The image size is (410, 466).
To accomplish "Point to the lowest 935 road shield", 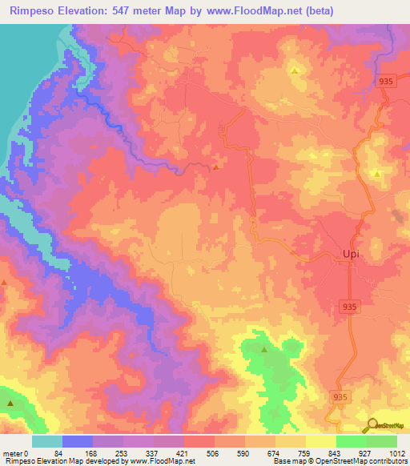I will pyautogui.click(x=340, y=397).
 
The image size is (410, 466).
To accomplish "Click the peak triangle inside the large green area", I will pyautogui.click(x=264, y=350).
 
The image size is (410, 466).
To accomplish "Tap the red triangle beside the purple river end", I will pyautogui.click(x=217, y=167).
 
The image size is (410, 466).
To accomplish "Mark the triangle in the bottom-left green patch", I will pyautogui.click(x=10, y=404).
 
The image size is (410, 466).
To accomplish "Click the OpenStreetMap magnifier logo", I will pyautogui.click(x=372, y=426).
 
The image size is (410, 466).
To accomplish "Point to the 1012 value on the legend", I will pyautogui.click(x=396, y=453).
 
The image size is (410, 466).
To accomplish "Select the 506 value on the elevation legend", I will pyautogui.click(x=214, y=453).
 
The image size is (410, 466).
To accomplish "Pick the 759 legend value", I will pyautogui.click(x=305, y=453).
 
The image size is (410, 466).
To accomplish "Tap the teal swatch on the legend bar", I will pyautogui.click(x=47, y=441).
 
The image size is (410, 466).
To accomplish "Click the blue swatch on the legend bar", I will pyautogui.click(x=78, y=441).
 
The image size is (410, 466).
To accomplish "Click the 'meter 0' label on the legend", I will pyautogui.click(x=15, y=453).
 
